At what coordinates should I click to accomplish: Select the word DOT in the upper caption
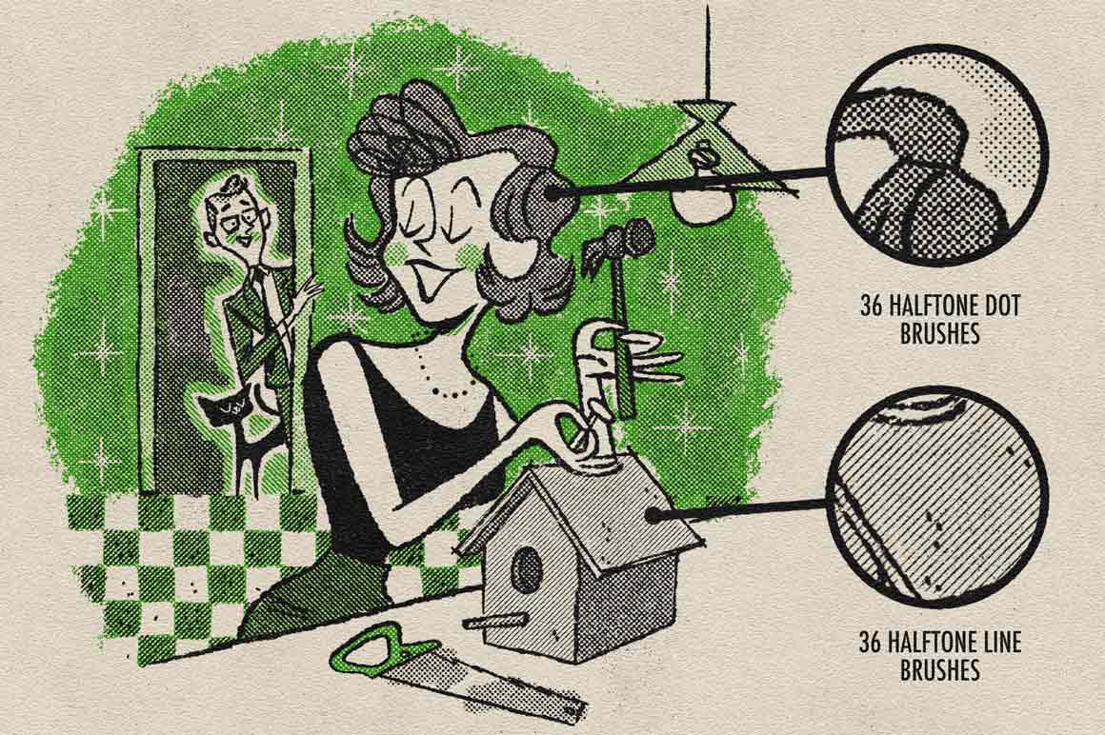point(1001,307)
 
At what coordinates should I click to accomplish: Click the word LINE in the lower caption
point(999,644)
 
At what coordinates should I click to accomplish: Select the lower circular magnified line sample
point(934,501)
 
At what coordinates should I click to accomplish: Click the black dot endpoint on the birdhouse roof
point(654,516)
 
